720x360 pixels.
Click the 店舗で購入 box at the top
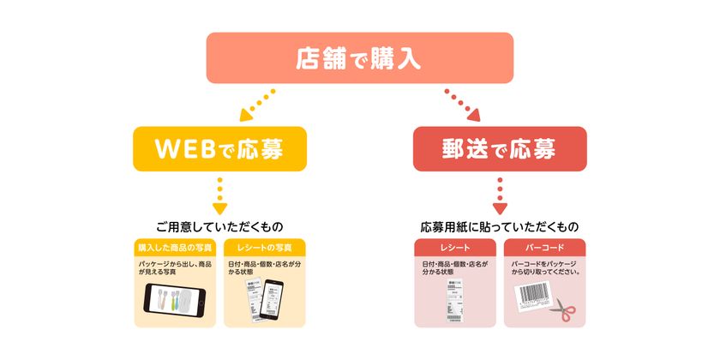359,58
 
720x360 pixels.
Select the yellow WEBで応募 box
220,149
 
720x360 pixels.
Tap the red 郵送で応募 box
500,149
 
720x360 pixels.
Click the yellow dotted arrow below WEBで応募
220,195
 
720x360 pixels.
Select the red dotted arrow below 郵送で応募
500,195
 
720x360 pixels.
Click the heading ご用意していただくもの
220,227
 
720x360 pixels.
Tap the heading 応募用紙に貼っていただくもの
500,227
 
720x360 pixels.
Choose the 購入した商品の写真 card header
177,247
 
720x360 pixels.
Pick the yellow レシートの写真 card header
266,247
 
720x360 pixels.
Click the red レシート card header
455,247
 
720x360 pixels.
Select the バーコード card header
545,247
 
